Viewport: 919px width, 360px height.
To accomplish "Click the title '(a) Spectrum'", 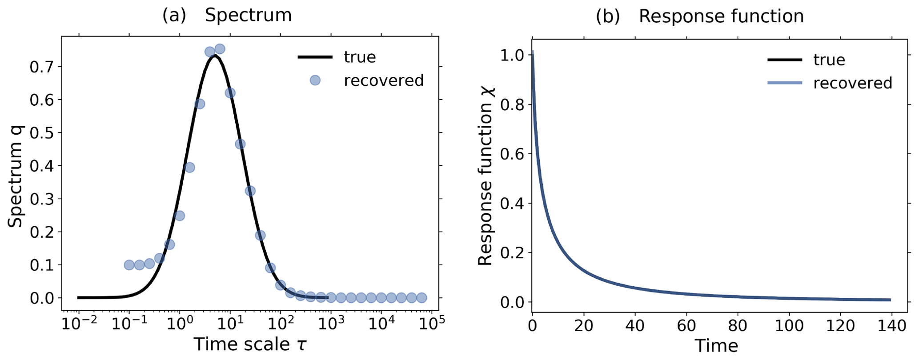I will click(227, 16).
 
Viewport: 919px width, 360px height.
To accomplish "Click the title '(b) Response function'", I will click(699, 16).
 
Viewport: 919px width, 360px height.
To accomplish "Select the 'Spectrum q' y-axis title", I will click(16, 176).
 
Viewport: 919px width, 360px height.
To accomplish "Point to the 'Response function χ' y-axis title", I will click(486, 176).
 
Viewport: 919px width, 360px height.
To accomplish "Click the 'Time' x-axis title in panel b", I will click(716, 346).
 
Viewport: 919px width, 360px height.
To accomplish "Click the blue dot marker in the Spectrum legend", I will click(315, 80).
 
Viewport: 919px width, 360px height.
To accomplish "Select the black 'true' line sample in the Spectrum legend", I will click(315, 57).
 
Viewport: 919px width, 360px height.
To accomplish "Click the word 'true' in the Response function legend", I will click(829, 60).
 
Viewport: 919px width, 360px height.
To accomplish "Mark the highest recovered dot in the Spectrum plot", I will click(220, 48).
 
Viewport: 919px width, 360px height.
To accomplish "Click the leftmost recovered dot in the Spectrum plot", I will click(129, 265).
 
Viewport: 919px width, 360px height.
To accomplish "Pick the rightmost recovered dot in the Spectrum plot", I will click(421, 298).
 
